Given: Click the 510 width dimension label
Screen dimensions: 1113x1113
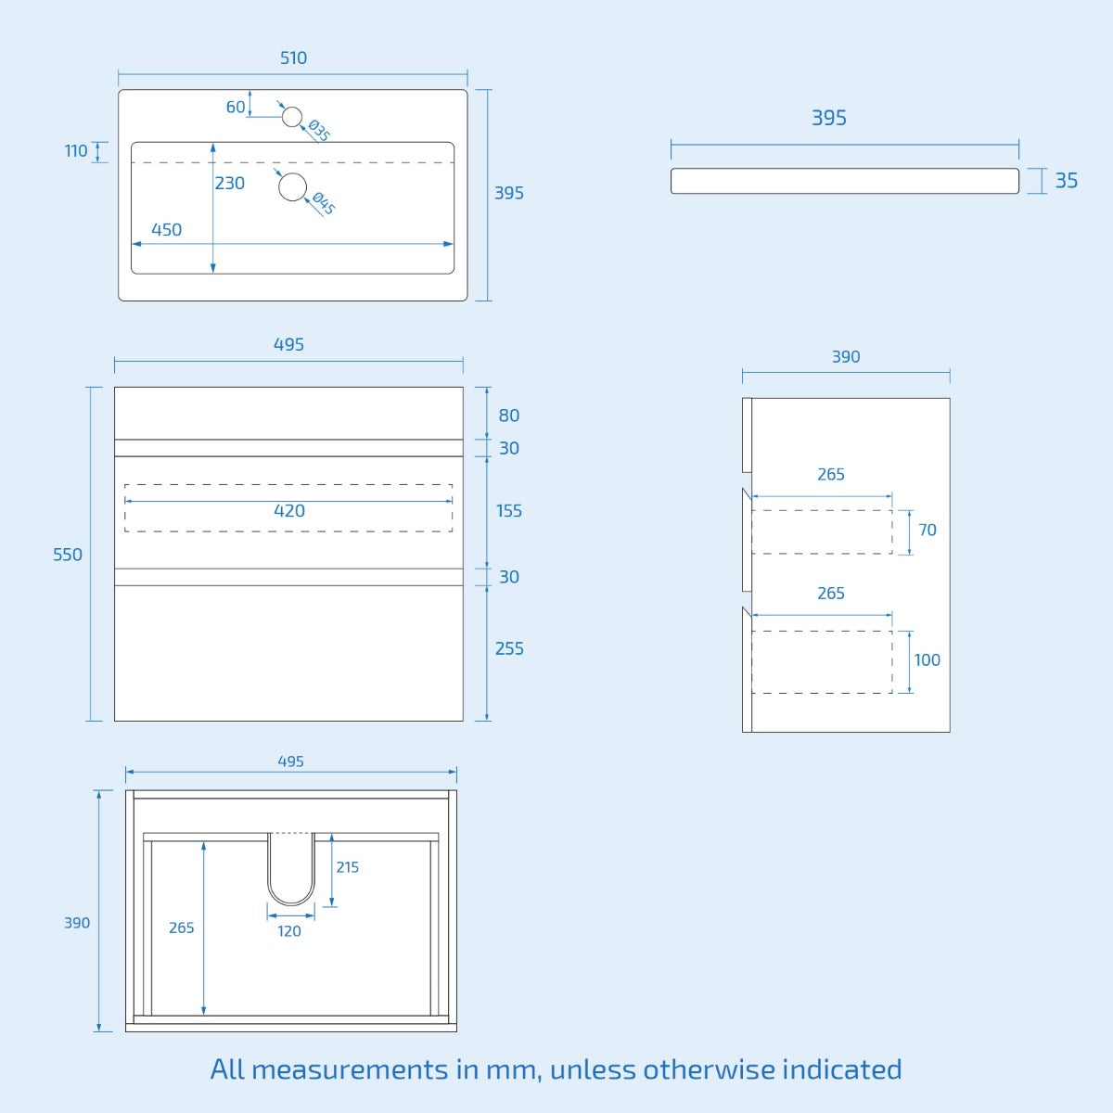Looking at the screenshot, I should (x=293, y=58).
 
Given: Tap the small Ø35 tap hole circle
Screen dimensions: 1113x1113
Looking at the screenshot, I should (x=292, y=117).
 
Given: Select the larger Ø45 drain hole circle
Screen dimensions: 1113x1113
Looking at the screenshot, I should (x=293, y=187).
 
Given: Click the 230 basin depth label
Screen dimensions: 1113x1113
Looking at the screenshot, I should (x=229, y=184).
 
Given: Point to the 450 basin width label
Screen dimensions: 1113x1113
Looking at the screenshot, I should (x=166, y=230).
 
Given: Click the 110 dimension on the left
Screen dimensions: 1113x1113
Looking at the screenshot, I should (x=76, y=151).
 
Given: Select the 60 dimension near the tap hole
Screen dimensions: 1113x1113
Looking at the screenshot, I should (x=236, y=108).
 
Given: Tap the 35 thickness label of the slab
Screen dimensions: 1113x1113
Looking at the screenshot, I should (x=1066, y=181).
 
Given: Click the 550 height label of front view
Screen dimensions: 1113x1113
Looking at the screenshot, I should (x=67, y=555).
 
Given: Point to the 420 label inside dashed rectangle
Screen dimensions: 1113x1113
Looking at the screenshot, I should (x=289, y=511).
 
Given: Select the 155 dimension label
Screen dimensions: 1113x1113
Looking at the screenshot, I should (x=508, y=511).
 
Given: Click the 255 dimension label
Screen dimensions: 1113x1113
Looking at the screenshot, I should (x=508, y=649).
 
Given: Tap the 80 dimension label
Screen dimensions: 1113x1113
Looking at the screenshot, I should (x=508, y=416).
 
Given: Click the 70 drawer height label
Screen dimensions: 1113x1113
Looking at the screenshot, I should (x=927, y=531).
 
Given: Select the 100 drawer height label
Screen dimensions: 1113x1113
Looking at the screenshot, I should (x=927, y=660).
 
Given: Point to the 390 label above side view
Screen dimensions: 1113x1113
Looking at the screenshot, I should (x=845, y=357).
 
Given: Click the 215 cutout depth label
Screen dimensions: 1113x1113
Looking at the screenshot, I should (x=347, y=867).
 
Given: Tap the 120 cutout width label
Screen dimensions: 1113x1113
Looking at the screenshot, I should (x=289, y=931).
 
